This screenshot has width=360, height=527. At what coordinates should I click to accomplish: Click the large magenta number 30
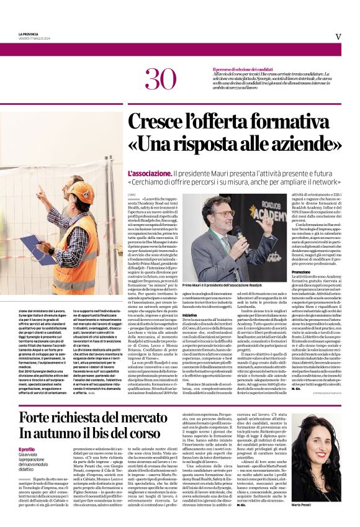click(159, 79)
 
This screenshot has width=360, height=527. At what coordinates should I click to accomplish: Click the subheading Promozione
click(301, 272)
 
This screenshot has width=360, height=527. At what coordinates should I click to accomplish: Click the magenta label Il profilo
click(27, 449)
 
